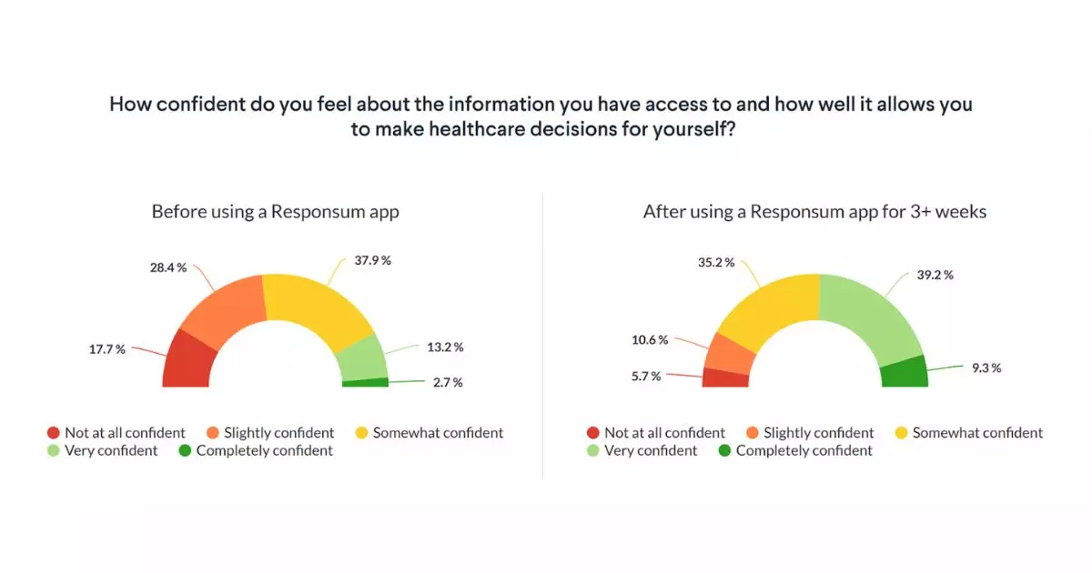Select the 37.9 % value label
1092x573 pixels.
[x=372, y=260]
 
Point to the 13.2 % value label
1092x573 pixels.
[x=445, y=347]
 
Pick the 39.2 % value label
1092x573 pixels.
[x=935, y=275]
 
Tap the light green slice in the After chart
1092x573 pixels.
[x=875, y=314]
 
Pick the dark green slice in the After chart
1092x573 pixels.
[x=905, y=372]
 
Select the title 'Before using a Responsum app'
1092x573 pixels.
[x=275, y=212]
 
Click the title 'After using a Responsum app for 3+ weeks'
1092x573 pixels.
[x=814, y=212]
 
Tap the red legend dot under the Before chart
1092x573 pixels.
[x=54, y=433]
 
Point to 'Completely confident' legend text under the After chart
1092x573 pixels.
[x=804, y=450]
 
